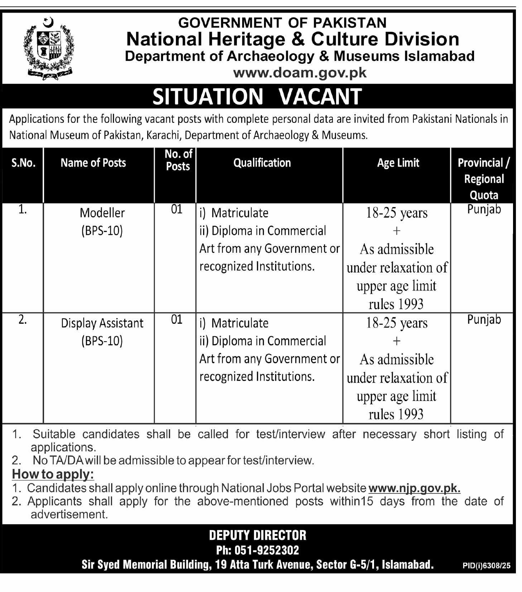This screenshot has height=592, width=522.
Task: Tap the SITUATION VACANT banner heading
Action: pos(257,96)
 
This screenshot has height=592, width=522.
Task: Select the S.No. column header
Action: pos(23,163)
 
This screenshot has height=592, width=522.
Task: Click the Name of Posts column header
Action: pos(93,163)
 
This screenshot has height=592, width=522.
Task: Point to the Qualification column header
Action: pos(262,163)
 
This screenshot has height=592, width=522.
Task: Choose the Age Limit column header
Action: pos(398,163)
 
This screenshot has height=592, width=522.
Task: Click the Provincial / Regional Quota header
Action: pos(484,179)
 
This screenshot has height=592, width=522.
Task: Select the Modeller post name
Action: pos(102,213)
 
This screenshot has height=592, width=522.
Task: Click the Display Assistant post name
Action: pos(102,323)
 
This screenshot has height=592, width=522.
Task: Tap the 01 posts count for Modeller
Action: pos(177,210)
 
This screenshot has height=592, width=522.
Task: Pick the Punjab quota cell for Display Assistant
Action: pos(484,319)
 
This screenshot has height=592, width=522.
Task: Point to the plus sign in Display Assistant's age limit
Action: pos(396,341)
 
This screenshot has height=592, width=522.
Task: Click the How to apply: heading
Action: pos(53,474)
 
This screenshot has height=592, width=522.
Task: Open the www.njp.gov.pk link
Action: pos(414,488)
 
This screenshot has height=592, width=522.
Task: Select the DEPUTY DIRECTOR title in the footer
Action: pos(258,535)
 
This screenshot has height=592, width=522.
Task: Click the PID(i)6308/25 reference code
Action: pos(486,566)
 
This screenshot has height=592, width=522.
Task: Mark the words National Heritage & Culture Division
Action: pos(293,39)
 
